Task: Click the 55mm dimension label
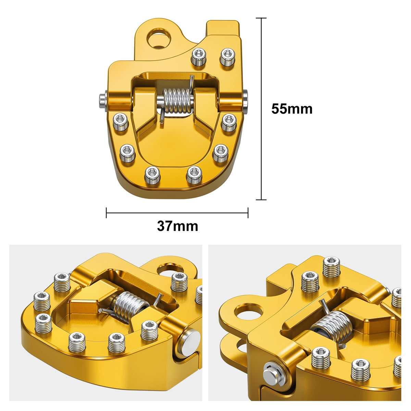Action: point(292,109)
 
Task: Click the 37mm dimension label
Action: point(177,226)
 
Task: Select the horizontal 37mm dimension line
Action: point(177,213)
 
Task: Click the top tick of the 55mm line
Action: point(261,18)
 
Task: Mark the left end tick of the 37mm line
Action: point(107,213)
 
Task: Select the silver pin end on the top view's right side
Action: point(246,101)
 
